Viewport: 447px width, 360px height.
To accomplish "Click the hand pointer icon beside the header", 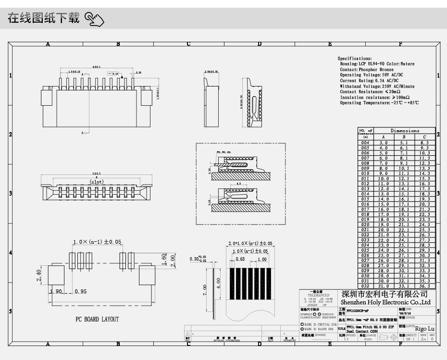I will click(95, 19).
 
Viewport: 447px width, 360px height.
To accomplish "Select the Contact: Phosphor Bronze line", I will click(367, 70).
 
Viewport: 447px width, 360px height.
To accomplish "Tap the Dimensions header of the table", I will click(404, 131).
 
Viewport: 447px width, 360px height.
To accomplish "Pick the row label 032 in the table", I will click(365, 286).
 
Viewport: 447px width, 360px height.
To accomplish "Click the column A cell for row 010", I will click(383, 174).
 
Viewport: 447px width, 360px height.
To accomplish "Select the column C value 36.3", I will click(424, 286).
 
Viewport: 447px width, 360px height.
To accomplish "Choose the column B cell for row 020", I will click(404, 224).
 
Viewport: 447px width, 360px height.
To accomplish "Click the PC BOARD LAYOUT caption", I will click(97, 319).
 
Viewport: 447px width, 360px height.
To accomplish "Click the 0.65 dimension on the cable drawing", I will click(240, 259).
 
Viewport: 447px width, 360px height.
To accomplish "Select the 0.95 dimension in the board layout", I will click(80, 291).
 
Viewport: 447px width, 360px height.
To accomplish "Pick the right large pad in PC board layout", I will click(148, 276).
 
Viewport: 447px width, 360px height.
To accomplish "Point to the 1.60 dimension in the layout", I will click(164, 260).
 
